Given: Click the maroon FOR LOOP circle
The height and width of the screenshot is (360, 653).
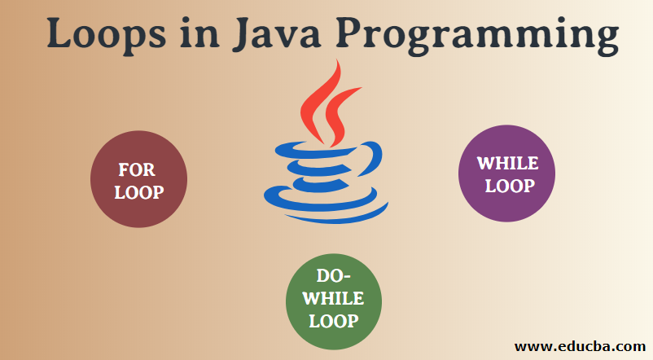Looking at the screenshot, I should coord(138,180).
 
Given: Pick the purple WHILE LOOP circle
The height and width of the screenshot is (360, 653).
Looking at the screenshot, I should coord(506,173).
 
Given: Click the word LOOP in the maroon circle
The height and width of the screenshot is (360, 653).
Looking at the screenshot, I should coord(138,192).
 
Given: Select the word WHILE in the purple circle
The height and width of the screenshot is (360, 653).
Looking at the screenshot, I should coord(507,163).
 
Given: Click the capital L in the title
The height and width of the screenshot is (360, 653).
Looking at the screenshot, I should coord(60,34).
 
